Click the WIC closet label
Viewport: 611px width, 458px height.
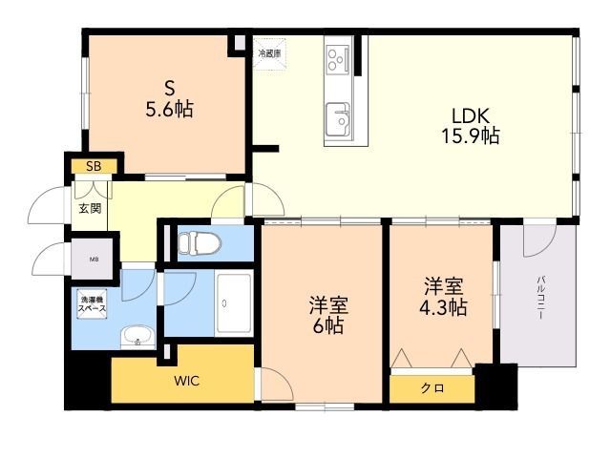click(x=186, y=381)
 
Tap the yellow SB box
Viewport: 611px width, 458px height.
click(x=93, y=166)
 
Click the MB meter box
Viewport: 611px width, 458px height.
click(x=93, y=258)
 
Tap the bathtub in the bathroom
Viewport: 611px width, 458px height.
click(x=233, y=303)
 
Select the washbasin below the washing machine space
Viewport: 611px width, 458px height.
click(x=137, y=337)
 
